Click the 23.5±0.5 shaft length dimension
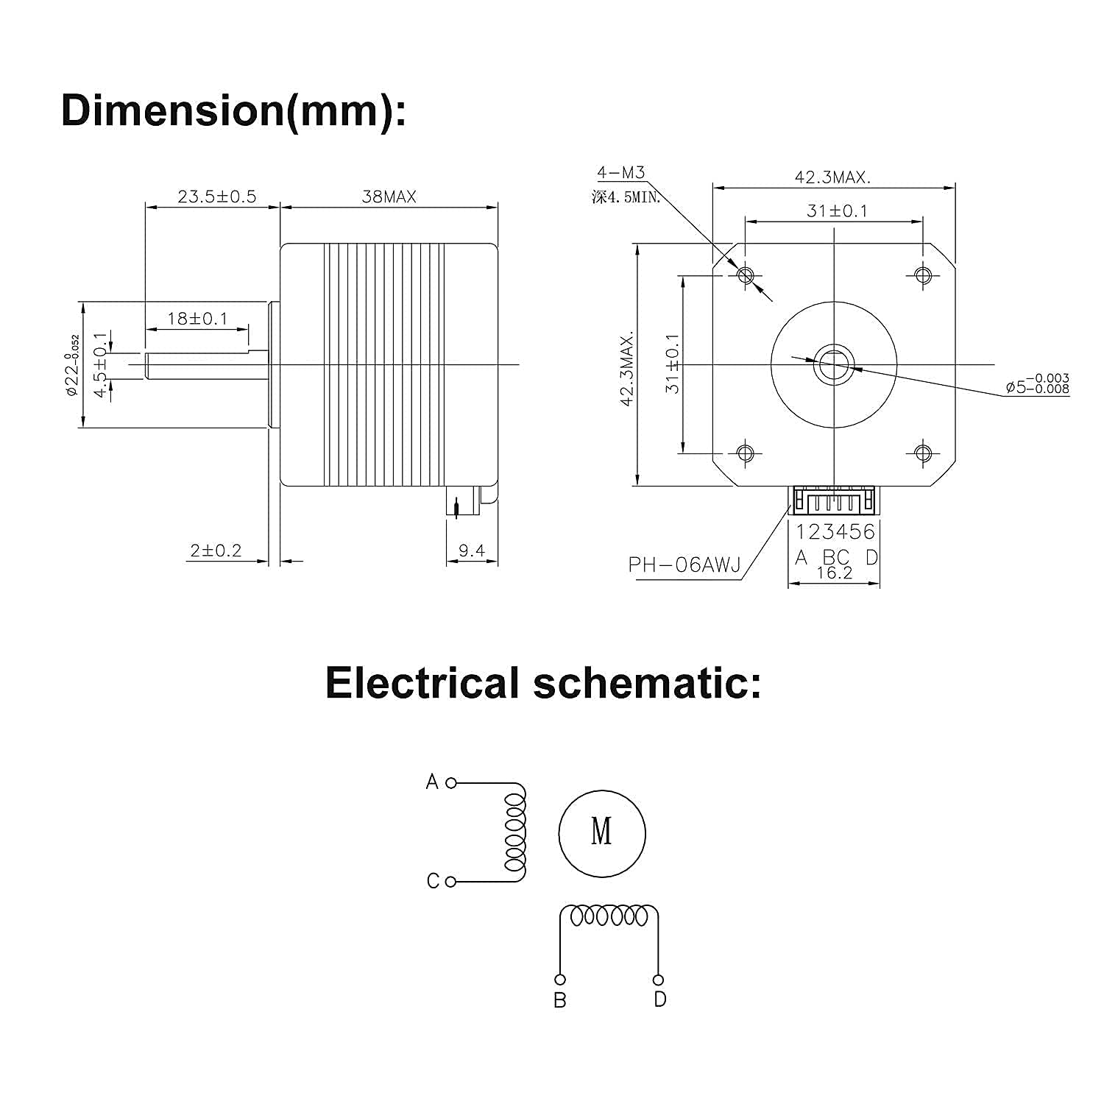tap(216, 197)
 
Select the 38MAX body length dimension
tap(389, 197)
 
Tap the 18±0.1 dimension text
tap(197, 319)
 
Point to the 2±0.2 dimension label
tap(216, 551)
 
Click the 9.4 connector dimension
tap(471, 551)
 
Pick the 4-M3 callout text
tap(620, 172)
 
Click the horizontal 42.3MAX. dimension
tap(832, 177)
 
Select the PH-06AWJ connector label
tap(684, 565)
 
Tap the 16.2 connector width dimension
tap(835, 573)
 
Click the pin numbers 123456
tap(835, 531)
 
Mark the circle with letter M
tap(601, 833)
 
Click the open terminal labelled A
tap(451, 782)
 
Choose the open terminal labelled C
tap(451, 881)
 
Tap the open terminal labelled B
tap(560, 980)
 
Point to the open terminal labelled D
tap(658, 980)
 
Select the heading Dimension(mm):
tap(233, 110)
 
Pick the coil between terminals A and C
tap(514, 832)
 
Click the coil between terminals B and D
tap(609, 916)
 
